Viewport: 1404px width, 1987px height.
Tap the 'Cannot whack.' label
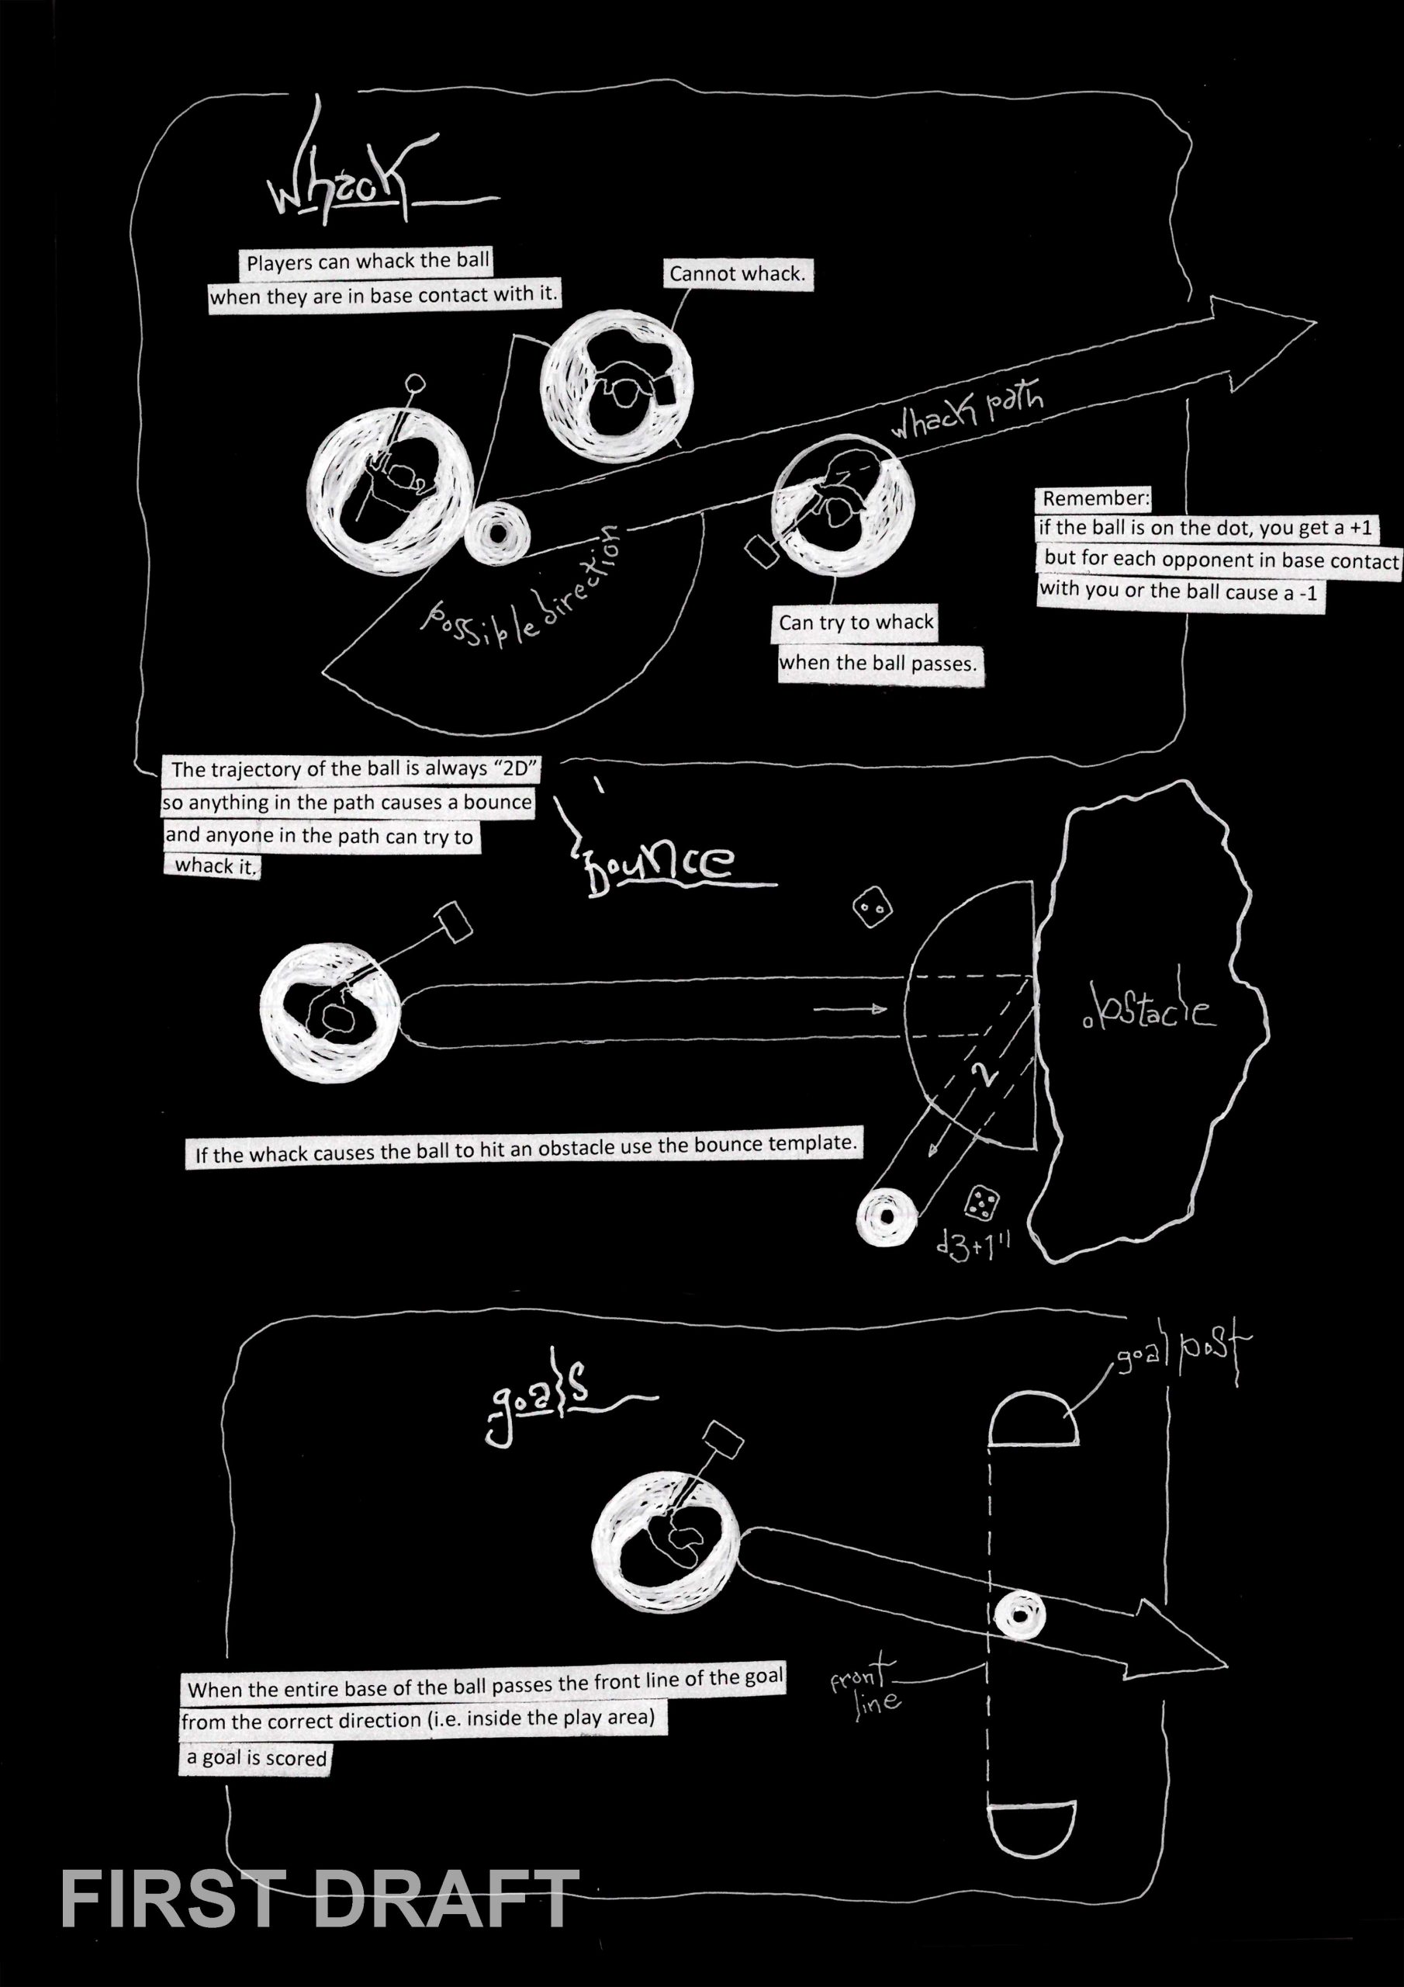(737, 274)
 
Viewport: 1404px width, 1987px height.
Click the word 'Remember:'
(1096, 498)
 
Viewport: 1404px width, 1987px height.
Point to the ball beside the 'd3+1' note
(886, 1217)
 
